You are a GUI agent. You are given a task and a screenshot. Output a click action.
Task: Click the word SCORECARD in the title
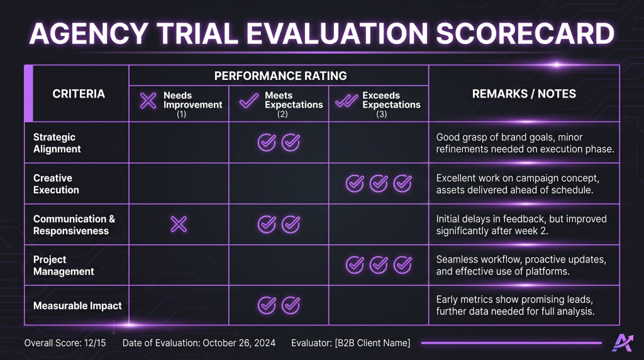point(525,33)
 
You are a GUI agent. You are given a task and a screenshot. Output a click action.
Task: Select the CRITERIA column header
point(79,94)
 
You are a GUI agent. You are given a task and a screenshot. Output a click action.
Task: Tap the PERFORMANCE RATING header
point(280,76)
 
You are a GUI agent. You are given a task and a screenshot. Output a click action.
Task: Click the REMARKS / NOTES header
point(524,94)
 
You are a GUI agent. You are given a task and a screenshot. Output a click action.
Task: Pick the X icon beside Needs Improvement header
point(148,100)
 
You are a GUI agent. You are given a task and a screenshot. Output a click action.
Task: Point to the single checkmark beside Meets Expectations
point(249,100)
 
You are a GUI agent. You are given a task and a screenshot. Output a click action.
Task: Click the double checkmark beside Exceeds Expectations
point(347,101)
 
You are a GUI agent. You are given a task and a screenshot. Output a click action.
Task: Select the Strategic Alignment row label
point(57,143)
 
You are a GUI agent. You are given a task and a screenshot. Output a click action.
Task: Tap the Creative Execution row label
point(56,184)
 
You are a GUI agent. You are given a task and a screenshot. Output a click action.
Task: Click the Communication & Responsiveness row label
point(74,225)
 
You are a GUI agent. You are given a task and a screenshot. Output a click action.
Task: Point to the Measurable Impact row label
point(77,306)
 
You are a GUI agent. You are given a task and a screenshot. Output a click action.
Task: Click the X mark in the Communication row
point(179,225)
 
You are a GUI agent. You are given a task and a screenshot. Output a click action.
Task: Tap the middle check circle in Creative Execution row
point(379,183)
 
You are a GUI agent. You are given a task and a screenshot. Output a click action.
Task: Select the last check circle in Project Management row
point(402,265)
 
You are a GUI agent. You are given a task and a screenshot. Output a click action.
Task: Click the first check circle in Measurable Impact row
point(267,305)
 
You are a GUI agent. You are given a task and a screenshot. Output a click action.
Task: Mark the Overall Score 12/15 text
point(65,343)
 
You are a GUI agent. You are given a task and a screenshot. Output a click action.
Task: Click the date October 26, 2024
point(239,343)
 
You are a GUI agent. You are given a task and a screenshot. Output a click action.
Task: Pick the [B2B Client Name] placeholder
point(372,343)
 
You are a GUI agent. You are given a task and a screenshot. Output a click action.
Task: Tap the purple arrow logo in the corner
point(623,343)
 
